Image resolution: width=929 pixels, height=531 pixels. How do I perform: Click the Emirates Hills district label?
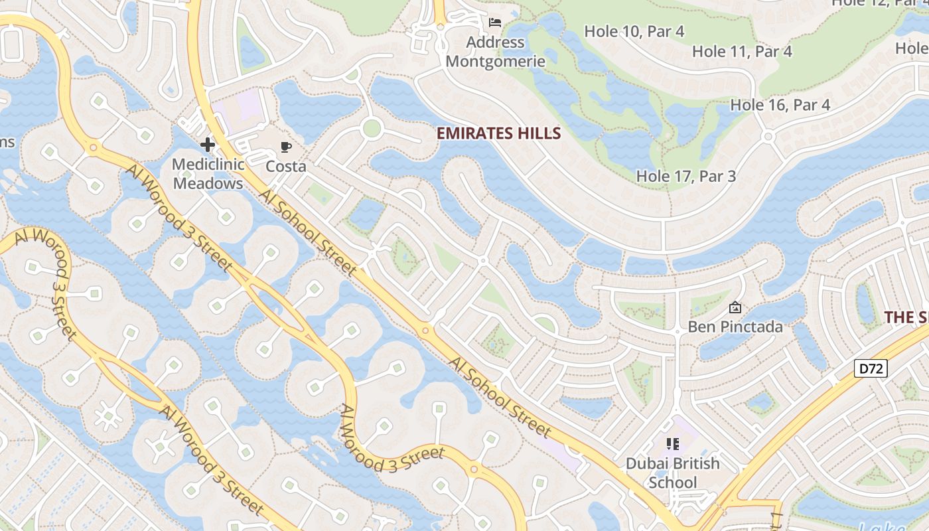tap(498, 133)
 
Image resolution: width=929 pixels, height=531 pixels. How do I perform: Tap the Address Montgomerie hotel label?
tap(495, 52)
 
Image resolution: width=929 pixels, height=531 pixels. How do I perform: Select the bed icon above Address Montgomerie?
tap(495, 23)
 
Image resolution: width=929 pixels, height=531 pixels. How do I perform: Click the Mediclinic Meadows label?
tap(208, 173)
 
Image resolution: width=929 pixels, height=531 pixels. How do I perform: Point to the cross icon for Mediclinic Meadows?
tap(208, 144)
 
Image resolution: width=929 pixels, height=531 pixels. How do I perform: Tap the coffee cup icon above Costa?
tap(286, 147)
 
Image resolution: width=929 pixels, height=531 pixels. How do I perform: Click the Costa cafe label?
tap(286, 166)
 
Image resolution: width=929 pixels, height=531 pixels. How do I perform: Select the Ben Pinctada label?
tap(735, 327)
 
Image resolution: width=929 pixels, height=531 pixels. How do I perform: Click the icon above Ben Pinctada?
tap(735, 307)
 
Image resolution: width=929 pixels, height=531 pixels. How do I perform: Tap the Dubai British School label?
tap(673, 473)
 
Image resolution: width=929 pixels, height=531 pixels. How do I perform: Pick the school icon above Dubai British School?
tap(673, 443)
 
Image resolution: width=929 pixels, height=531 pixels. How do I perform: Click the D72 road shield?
tap(870, 368)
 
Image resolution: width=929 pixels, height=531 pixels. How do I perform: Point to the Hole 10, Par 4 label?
tap(634, 31)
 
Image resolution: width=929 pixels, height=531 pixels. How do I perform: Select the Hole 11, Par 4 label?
tap(742, 51)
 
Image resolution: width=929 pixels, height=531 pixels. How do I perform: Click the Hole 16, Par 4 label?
tap(780, 105)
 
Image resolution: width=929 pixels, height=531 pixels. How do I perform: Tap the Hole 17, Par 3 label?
tap(686, 176)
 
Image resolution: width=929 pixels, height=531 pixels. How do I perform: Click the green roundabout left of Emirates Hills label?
tap(372, 128)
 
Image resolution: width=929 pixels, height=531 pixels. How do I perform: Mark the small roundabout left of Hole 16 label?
tap(768, 137)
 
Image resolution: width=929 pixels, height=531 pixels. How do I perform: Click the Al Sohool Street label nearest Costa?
tap(308, 232)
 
